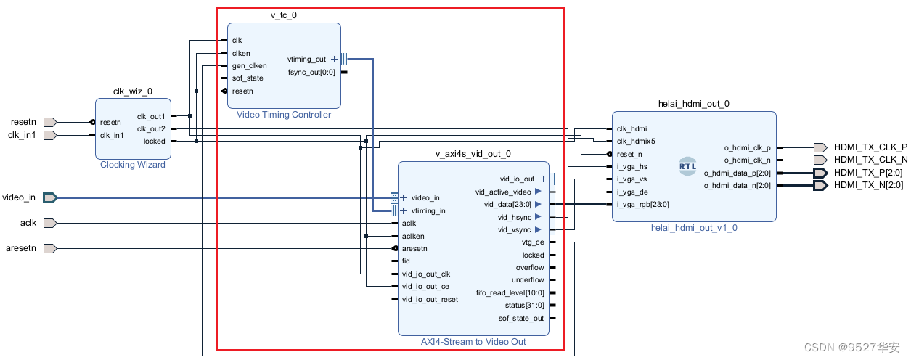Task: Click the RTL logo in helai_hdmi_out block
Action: tap(687, 165)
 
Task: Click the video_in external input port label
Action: tap(19, 197)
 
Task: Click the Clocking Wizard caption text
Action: tap(133, 165)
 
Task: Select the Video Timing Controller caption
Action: tap(284, 115)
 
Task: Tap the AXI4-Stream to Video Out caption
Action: tap(473, 341)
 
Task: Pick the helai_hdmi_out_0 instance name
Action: tap(693, 104)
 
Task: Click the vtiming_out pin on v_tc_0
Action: tap(307, 60)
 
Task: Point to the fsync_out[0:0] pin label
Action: tap(312, 72)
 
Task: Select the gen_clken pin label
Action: tap(249, 66)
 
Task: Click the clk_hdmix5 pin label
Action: tap(636, 142)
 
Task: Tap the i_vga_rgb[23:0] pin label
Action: tap(642, 205)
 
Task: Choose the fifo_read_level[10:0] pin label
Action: tap(510, 292)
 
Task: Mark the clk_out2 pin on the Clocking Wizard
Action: tap(151, 129)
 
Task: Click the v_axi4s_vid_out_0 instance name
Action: tap(473, 154)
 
